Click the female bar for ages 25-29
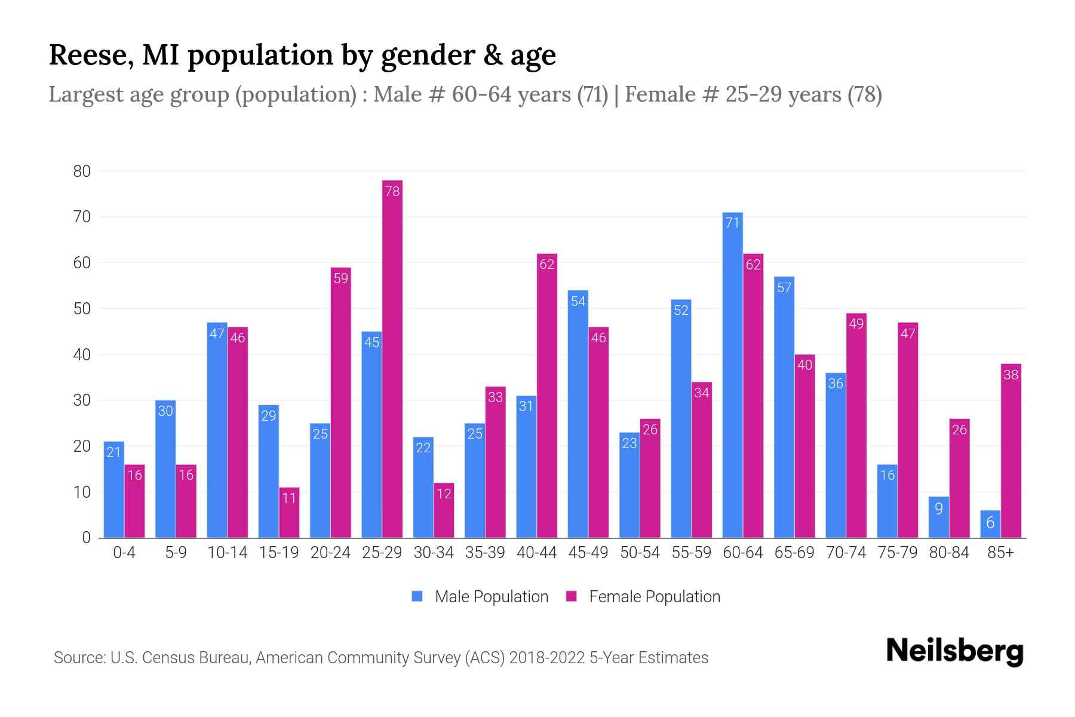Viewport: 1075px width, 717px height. pos(392,358)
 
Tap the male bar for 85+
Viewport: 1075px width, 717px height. pos(990,524)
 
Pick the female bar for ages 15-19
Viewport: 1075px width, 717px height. pos(289,513)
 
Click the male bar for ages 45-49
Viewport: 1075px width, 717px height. pos(578,414)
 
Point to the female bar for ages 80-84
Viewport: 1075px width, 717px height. pos(959,478)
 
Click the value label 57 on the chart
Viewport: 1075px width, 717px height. pos(784,288)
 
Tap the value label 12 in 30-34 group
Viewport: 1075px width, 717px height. pos(444,494)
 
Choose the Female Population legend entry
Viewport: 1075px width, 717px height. pos(643,596)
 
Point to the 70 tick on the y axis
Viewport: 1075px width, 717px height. pos(82,217)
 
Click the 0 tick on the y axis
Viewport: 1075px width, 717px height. pos(87,538)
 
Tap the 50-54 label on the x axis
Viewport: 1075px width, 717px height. pos(640,553)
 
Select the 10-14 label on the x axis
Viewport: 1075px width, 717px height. pos(227,553)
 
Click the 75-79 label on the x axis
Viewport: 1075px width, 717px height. pos(897,553)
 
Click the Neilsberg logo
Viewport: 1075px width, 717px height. pos(954,651)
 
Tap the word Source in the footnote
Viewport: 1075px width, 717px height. pos(79,658)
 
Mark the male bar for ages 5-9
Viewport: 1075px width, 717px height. pos(165,469)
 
